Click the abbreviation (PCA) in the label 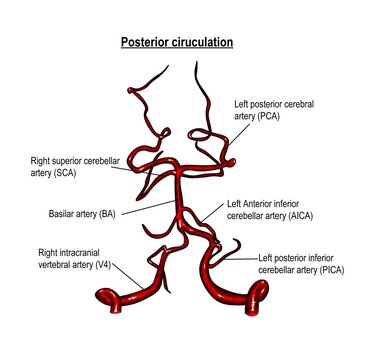click(x=272, y=116)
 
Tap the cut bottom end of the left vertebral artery click(x=263, y=295)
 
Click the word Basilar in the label click(x=61, y=213)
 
